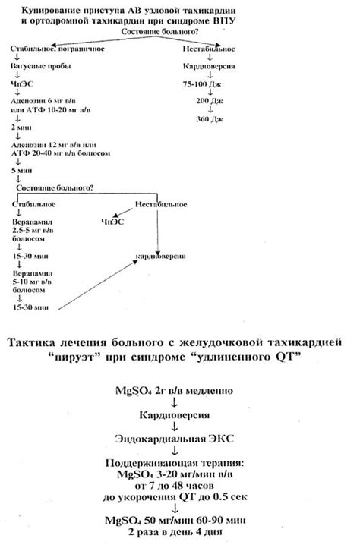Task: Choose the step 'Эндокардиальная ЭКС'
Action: point(179,439)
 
